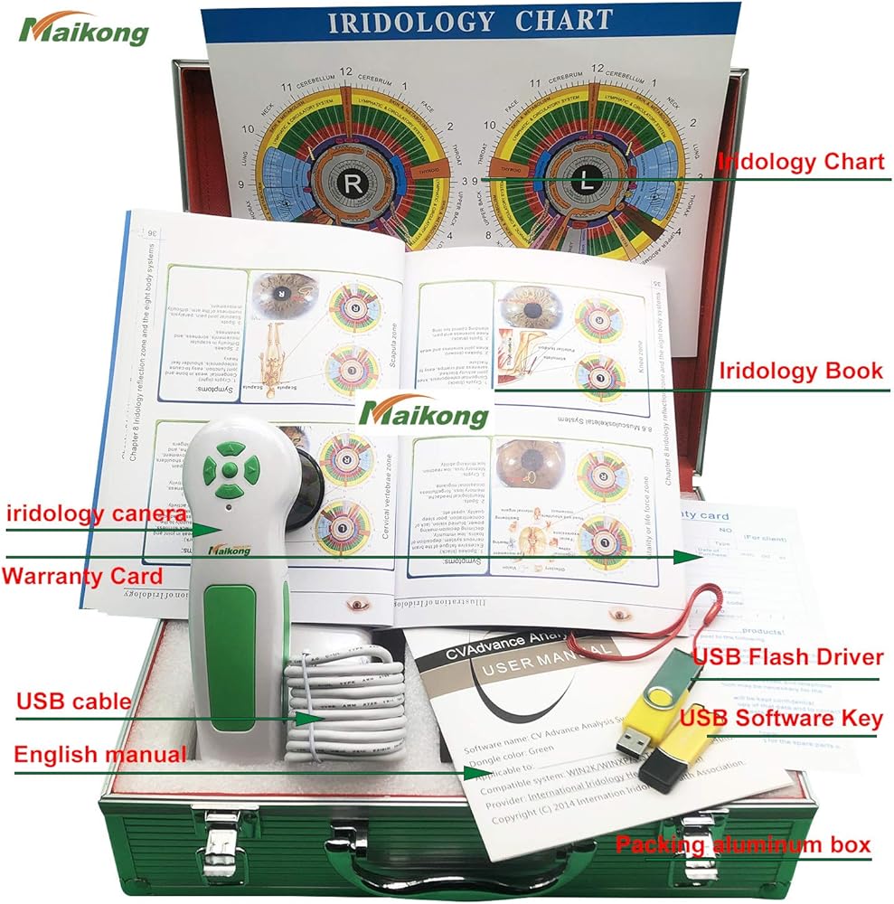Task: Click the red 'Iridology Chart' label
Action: point(800,163)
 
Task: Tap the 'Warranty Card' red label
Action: point(82,576)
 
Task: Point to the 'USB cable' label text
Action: point(73,702)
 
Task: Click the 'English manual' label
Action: point(100,754)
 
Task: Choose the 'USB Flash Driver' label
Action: point(787,657)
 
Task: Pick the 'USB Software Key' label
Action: point(781,719)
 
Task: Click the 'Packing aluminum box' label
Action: point(742,845)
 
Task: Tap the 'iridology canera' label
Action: point(97,514)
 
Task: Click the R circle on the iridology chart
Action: point(350,183)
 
